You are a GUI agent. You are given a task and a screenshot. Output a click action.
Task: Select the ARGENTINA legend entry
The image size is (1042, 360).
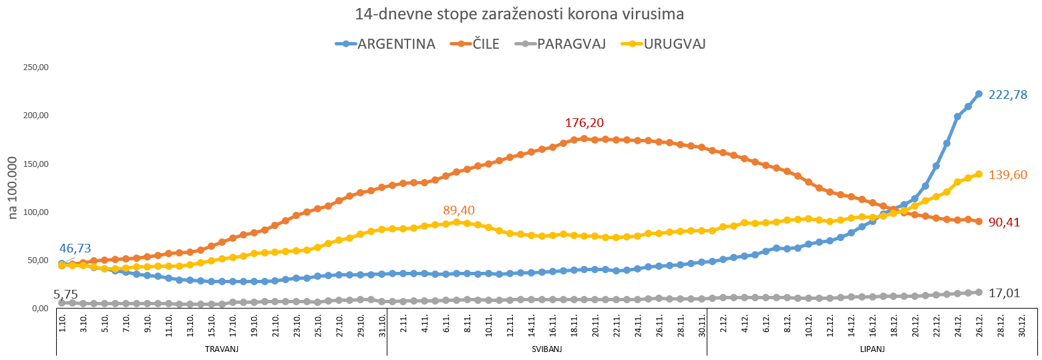point(396,44)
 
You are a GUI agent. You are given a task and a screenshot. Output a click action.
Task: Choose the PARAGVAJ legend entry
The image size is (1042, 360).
point(571,44)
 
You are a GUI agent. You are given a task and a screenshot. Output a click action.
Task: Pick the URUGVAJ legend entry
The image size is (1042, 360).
point(675,44)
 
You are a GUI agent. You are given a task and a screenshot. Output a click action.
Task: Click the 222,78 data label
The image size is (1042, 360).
point(1007,95)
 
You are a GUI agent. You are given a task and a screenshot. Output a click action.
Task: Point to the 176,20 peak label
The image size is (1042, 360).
point(584,123)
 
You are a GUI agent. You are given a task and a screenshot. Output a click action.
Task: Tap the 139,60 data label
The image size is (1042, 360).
point(1007,194)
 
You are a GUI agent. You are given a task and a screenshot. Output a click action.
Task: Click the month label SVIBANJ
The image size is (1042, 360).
point(546,349)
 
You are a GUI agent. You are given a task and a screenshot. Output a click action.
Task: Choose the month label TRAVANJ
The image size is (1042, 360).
point(221,349)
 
